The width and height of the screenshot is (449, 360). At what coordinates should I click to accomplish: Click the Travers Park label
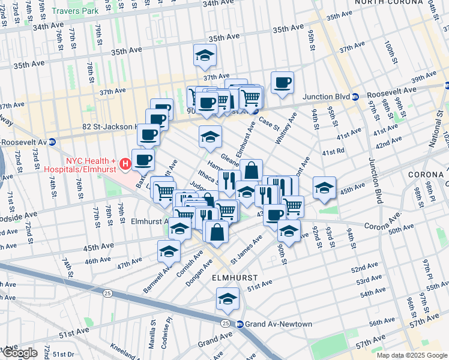click(x=74, y=11)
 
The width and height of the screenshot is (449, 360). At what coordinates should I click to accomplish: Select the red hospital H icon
click(x=125, y=163)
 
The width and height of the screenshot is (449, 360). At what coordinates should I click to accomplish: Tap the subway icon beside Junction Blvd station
click(x=355, y=96)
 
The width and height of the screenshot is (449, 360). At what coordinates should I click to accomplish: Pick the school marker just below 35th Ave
click(x=205, y=56)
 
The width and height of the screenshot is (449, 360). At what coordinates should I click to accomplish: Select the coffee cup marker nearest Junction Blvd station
click(x=282, y=83)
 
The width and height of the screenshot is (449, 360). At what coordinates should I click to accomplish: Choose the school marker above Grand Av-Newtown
click(x=228, y=299)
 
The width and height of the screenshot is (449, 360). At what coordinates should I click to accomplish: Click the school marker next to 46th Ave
click(x=169, y=251)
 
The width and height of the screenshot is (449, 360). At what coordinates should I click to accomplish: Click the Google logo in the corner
click(x=19, y=353)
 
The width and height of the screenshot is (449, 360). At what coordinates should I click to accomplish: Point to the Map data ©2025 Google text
click(x=412, y=355)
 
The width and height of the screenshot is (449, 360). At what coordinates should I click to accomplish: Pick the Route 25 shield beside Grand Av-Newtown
click(x=226, y=323)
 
